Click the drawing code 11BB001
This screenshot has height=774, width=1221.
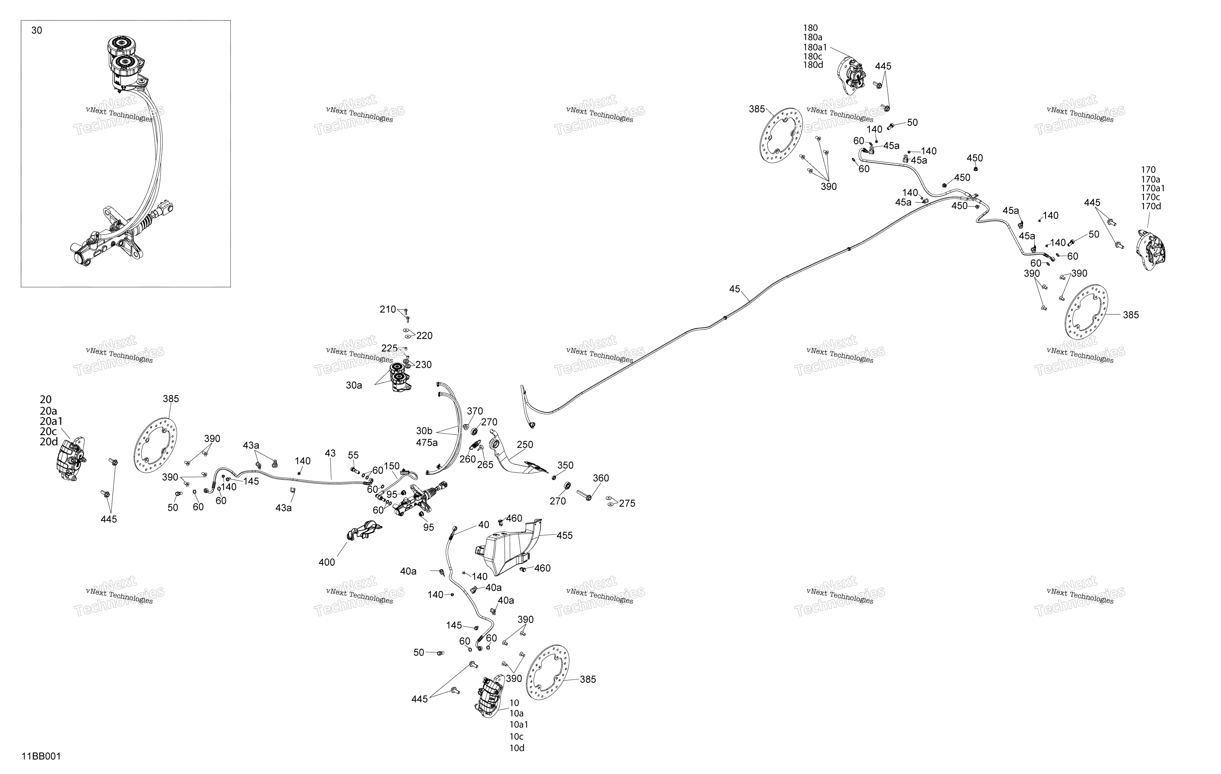41,756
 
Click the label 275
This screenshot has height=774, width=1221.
627,503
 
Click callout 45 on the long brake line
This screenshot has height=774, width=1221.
735,289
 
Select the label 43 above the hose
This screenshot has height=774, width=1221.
330,453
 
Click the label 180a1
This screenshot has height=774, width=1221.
815,47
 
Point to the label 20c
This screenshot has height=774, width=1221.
48,431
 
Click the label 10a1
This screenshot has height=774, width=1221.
519,724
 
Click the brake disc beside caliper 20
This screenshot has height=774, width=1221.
155,446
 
